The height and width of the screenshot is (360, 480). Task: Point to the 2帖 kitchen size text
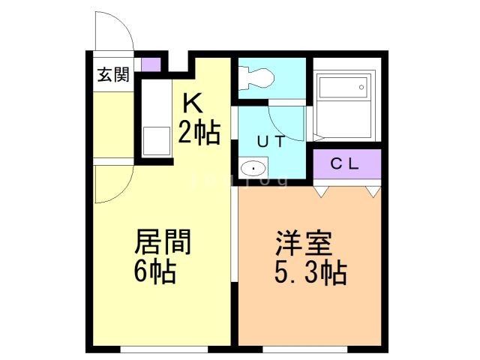(198, 133)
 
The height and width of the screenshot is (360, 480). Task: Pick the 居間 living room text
(162, 242)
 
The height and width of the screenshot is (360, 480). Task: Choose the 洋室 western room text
(304, 244)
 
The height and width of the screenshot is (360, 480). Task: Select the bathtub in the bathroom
(343, 105)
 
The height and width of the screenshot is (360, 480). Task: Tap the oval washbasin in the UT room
(253, 168)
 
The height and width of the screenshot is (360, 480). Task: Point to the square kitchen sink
(157, 140)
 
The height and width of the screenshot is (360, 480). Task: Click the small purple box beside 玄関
(151, 64)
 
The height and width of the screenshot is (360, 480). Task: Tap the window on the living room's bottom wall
(163, 348)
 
